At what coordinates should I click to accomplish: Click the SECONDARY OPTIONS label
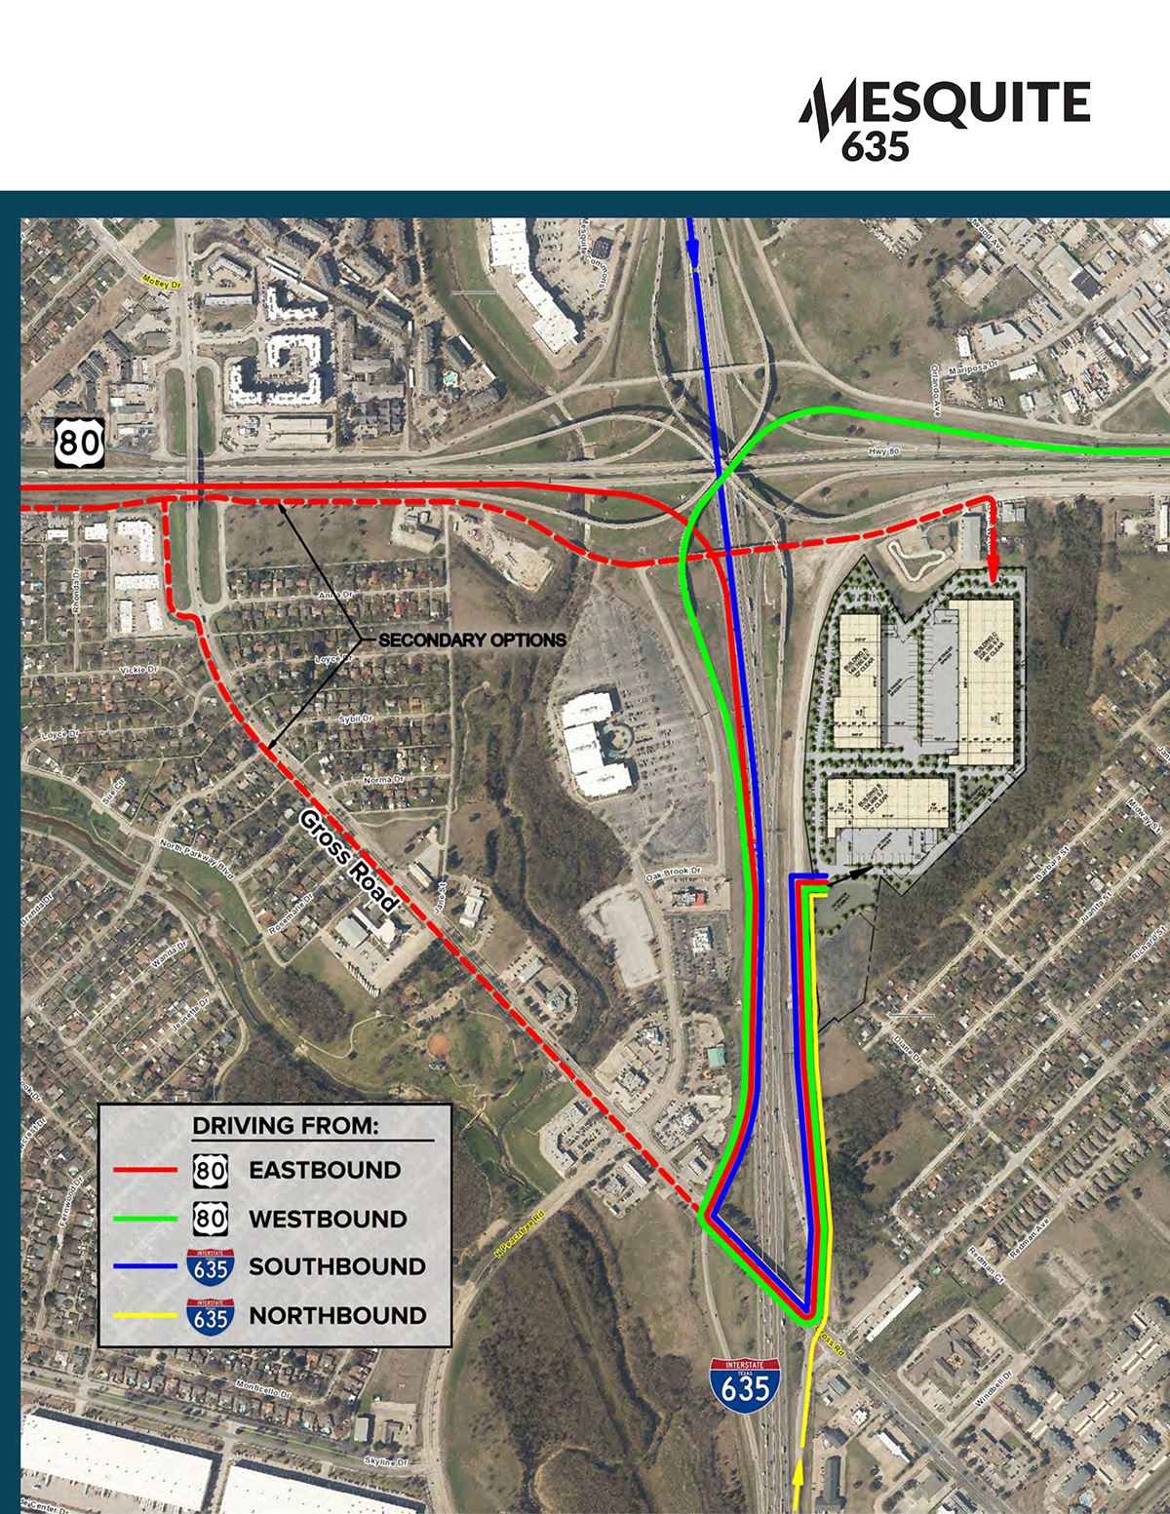pyautogui.click(x=472, y=641)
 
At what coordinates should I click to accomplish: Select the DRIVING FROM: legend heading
pyautogui.click(x=285, y=1125)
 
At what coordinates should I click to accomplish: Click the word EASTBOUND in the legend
pyautogui.click(x=325, y=1170)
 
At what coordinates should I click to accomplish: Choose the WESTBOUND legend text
pyautogui.click(x=328, y=1219)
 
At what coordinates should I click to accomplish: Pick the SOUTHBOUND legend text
pyautogui.click(x=337, y=1266)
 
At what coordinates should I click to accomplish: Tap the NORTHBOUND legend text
pyautogui.click(x=337, y=1315)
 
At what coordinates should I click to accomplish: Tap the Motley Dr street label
pyautogui.click(x=163, y=285)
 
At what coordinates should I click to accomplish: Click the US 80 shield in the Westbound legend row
pyautogui.click(x=211, y=1219)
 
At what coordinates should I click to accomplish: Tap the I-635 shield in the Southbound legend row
pyautogui.click(x=211, y=1266)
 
